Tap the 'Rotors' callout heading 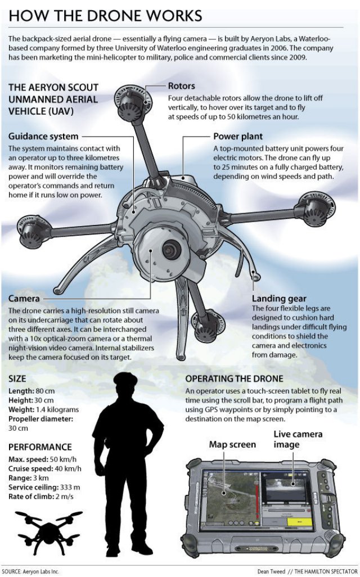click(181, 86)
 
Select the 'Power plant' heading click(238, 136)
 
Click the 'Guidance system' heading click(43, 136)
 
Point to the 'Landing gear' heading click(279, 298)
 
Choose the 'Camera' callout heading click(24, 298)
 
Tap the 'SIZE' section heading click(17, 378)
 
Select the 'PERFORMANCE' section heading click(40, 447)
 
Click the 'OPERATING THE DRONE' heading click(234, 378)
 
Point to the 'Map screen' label click(232, 444)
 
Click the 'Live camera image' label click(298, 439)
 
